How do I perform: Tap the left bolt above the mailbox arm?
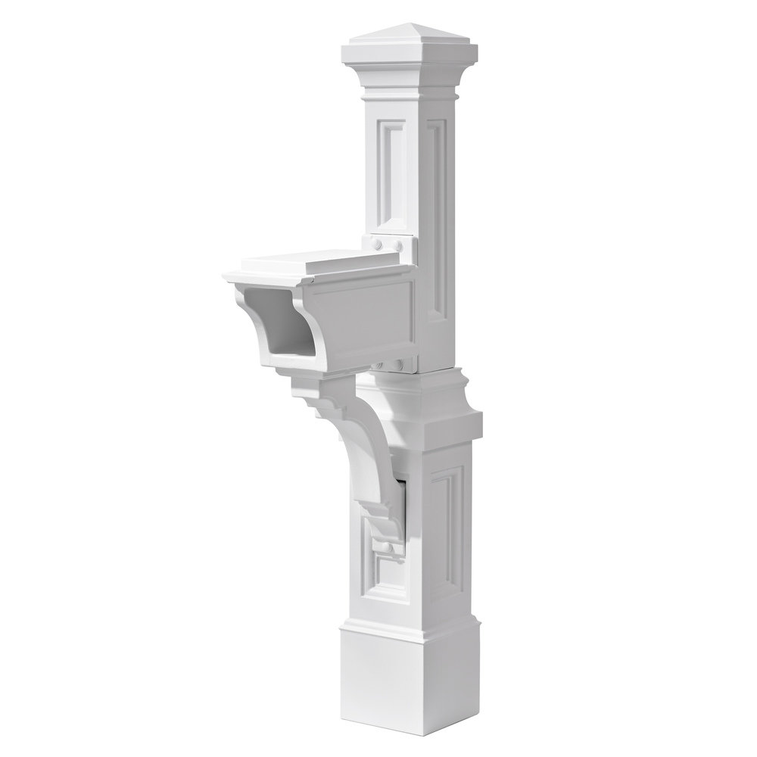pos(376,243)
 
